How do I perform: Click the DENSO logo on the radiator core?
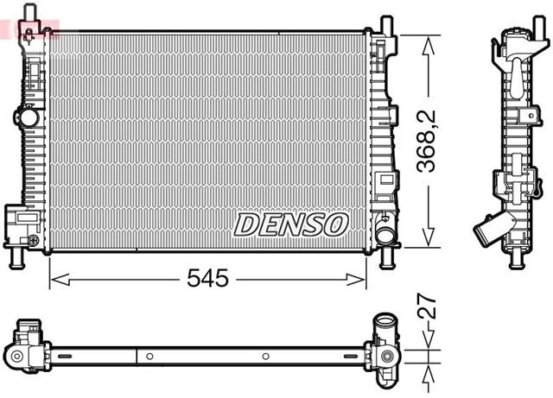(x=290, y=224)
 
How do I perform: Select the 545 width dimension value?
(x=208, y=278)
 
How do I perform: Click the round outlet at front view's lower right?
(x=385, y=234)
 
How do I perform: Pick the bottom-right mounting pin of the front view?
(x=385, y=257)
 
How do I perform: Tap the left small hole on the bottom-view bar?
(x=149, y=356)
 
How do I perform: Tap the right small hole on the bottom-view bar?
(x=264, y=356)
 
